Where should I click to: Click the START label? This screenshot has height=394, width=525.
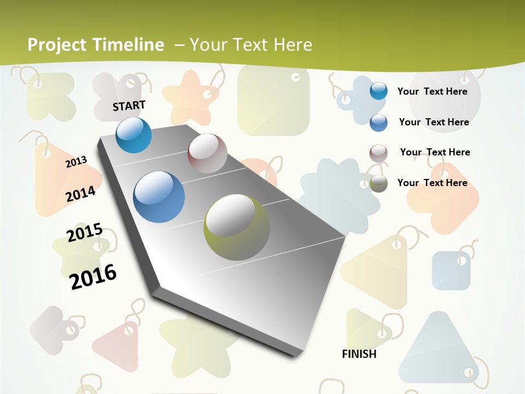(129, 106)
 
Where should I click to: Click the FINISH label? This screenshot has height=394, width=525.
(359, 354)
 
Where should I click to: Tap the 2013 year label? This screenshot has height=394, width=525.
(77, 162)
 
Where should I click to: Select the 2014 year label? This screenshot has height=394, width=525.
(81, 194)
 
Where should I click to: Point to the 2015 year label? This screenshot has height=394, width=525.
(85, 233)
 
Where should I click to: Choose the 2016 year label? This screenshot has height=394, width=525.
(94, 276)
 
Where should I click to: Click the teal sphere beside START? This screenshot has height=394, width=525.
(133, 135)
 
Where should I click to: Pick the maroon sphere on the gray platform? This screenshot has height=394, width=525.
(207, 153)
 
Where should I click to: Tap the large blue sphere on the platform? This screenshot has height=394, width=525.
(159, 197)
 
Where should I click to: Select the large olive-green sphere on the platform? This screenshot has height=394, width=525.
(237, 227)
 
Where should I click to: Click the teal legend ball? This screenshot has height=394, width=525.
(378, 91)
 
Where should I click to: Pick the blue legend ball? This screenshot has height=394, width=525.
(378, 123)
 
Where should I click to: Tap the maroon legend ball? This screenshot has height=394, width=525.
(378, 153)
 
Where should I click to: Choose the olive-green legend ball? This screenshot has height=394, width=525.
(378, 183)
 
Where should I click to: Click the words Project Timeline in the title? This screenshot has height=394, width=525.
(96, 45)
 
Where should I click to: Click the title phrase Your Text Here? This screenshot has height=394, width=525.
(251, 45)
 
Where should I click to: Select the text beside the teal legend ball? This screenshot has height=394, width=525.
(432, 91)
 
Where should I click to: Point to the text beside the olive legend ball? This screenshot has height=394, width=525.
(432, 183)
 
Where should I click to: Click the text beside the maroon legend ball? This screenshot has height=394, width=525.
(435, 152)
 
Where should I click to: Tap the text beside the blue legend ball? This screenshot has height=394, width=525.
(434, 122)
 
